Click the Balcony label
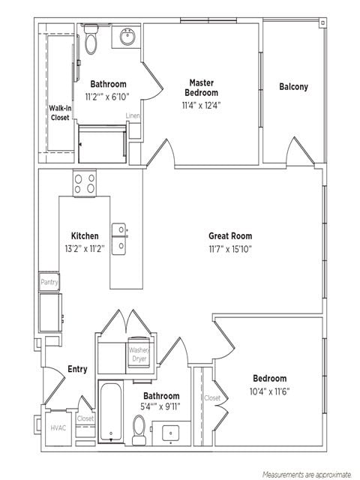(293, 87)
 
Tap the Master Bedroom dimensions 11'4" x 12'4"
(202, 105)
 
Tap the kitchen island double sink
(119, 239)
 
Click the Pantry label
(49, 282)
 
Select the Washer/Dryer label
(139, 354)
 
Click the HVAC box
(58, 428)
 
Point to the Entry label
(77, 369)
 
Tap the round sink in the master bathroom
(126, 35)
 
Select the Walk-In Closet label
(60, 112)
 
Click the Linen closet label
(133, 116)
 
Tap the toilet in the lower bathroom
(139, 427)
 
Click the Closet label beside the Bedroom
(212, 398)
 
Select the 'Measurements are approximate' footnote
(306, 474)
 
